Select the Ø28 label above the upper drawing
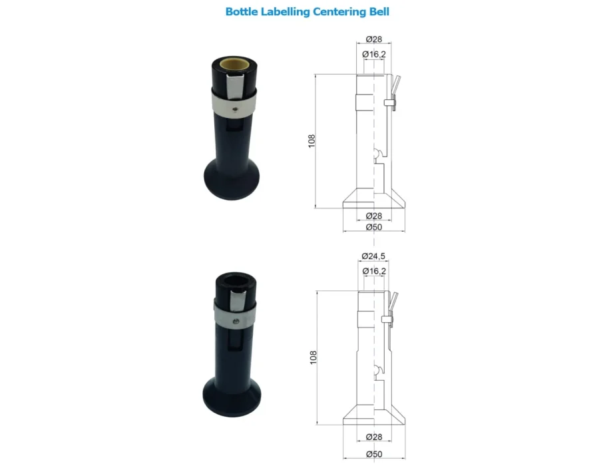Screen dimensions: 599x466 pyautogui.click(x=373, y=39)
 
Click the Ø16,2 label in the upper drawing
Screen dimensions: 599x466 pyautogui.click(x=374, y=54)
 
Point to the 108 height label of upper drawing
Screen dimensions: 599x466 pyautogui.click(x=311, y=141)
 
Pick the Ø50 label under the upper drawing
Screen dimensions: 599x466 pyautogui.click(x=373, y=227)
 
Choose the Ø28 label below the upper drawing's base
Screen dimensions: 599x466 pyautogui.click(x=373, y=216)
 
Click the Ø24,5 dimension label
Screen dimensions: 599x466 pyautogui.click(x=373, y=256)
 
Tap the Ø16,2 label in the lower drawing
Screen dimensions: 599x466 pyautogui.click(x=374, y=271)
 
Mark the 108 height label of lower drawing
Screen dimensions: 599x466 pyautogui.click(x=313, y=357)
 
